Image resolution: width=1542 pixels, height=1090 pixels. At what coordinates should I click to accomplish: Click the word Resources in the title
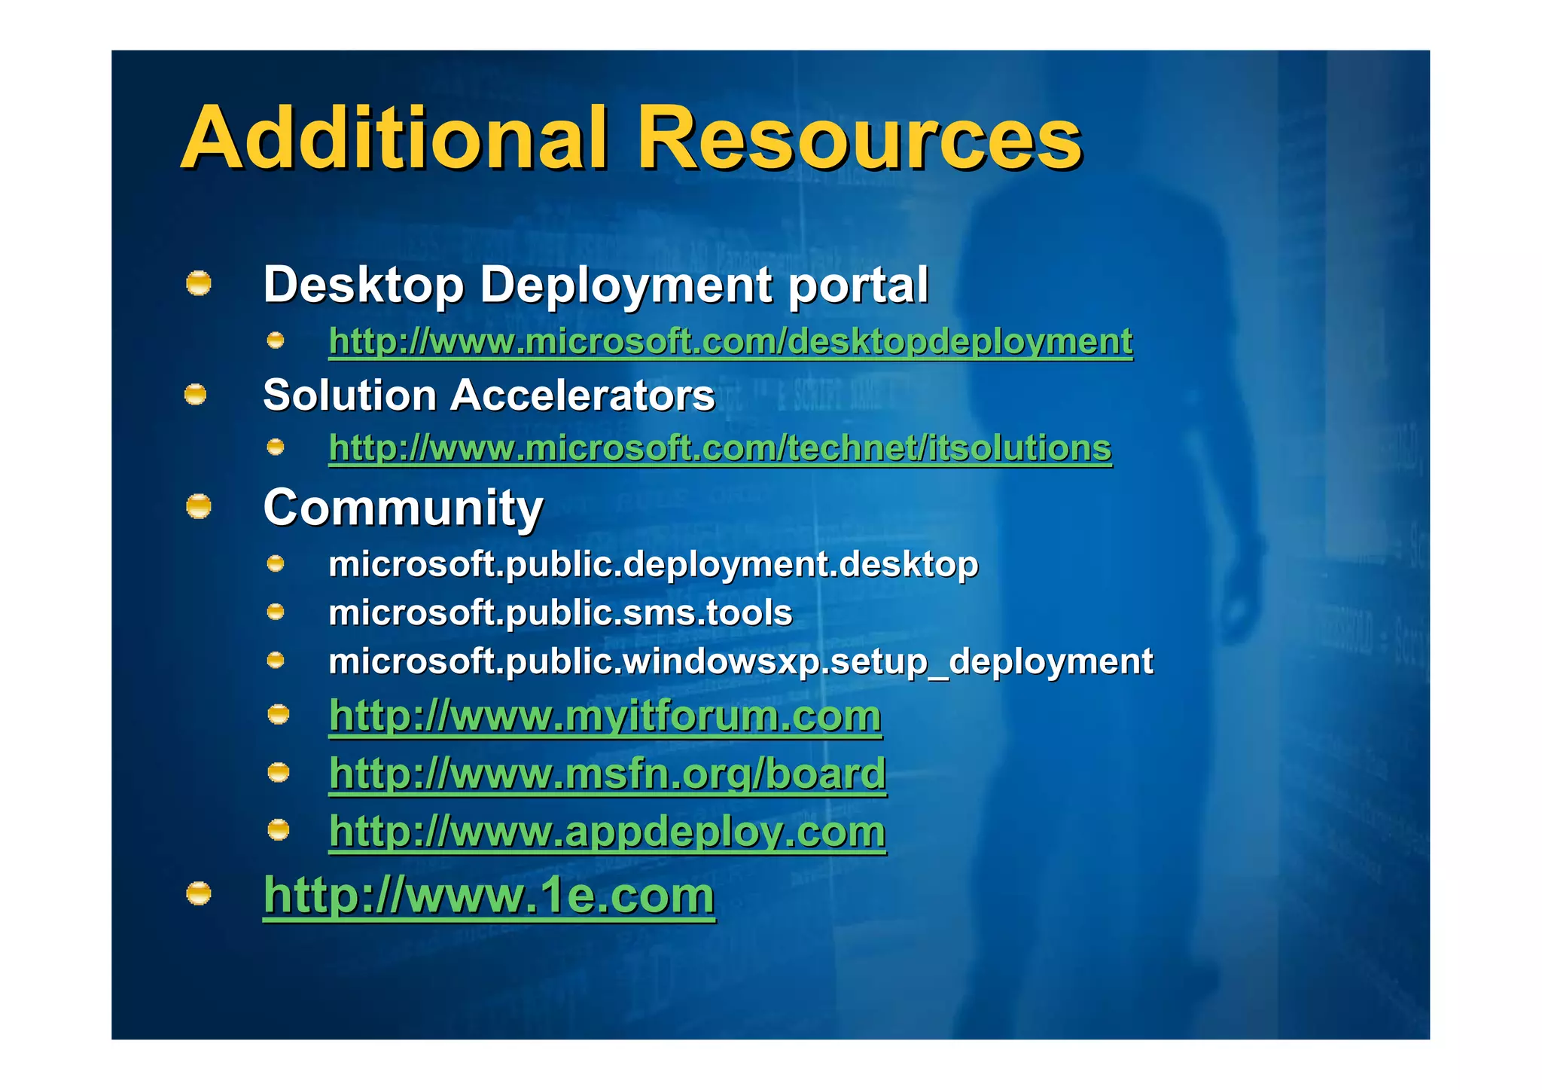(x=860, y=139)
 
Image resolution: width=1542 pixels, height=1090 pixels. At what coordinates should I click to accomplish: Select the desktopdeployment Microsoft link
(x=730, y=341)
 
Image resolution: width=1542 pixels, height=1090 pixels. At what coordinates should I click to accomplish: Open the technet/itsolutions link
(x=720, y=448)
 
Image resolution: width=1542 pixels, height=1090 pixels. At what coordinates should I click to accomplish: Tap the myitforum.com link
(x=605, y=716)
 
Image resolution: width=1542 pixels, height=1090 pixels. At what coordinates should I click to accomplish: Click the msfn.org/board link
(x=607, y=774)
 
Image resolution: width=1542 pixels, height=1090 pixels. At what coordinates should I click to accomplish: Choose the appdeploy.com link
(x=607, y=832)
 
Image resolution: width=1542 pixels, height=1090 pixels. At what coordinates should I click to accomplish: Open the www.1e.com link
(x=489, y=895)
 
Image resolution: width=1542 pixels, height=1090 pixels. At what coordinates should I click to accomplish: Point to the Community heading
(x=403, y=507)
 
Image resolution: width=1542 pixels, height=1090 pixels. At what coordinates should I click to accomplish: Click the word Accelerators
(x=582, y=395)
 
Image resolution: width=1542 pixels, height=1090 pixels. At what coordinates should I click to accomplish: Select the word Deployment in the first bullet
(x=626, y=285)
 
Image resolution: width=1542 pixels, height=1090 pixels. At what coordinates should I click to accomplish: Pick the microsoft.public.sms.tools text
(x=560, y=612)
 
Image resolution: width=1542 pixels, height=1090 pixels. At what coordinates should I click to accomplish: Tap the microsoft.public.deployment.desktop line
(x=653, y=564)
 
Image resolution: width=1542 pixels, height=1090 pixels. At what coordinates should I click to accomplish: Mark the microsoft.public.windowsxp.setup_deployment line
(x=740, y=661)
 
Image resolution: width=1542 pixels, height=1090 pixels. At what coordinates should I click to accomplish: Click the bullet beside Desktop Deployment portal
(x=199, y=284)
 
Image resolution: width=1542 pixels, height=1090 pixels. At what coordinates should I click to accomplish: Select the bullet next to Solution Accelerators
(x=196, y=394)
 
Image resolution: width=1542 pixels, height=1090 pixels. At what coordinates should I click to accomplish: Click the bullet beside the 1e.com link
(x=199, y=893)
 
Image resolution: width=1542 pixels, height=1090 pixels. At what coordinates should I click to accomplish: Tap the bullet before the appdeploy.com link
(x=279, y=830)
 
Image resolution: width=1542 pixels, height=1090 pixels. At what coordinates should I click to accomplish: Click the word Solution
(x=350, y=395)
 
